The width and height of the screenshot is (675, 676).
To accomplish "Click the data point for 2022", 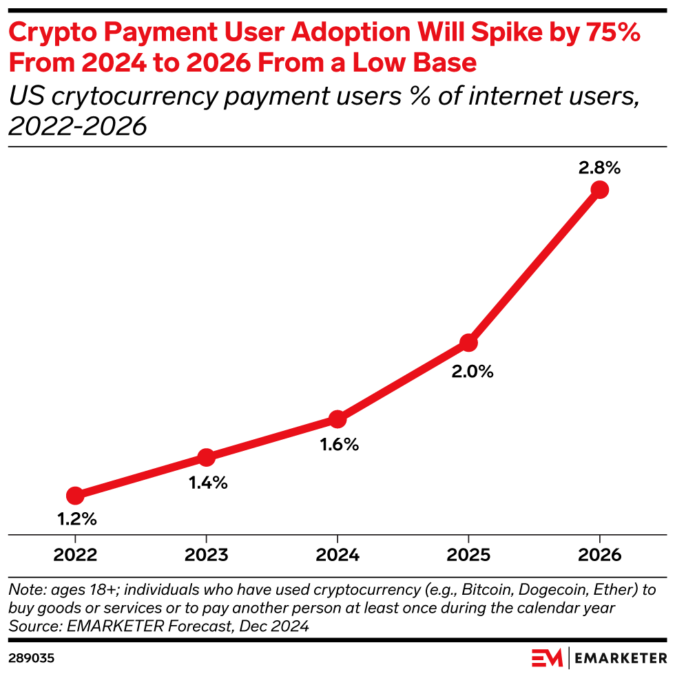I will (x=75, y=495).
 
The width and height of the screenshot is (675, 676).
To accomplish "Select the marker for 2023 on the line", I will (x=206, y=457).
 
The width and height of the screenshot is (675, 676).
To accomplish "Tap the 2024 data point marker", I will (x=337, y=419).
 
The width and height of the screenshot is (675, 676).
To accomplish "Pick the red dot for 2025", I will (x=468, y=342).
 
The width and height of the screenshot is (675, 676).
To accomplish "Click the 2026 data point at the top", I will (x=599, y=189).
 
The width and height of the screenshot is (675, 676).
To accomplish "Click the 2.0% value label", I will (x=473, y=372).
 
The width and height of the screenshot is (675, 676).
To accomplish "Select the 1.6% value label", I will (x=339, y=445).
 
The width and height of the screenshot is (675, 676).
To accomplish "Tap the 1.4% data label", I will (x=208, y=483).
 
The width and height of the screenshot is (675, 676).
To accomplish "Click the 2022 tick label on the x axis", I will (x=75, y=555).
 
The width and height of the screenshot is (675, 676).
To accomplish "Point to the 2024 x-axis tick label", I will (x=337, y=555).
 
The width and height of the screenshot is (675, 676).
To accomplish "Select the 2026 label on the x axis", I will (x=599, y=555).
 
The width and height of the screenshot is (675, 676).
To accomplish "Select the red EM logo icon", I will (x=547, y=658).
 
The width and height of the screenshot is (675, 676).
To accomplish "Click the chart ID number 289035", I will (x=32, y=659).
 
